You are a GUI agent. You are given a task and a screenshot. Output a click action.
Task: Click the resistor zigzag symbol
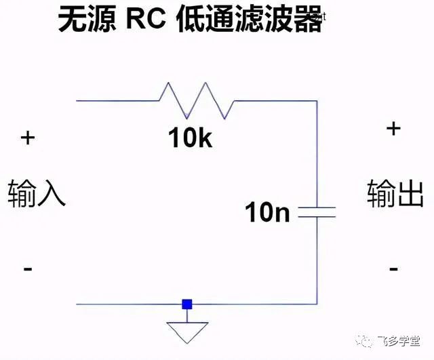[197, 101]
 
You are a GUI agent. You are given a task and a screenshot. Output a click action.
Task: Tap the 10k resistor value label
[190, 138]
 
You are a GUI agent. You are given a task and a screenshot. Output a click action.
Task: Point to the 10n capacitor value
[267, 213]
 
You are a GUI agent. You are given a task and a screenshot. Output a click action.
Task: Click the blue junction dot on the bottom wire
[187, 304]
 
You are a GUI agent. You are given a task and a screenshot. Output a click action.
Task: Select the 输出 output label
[395, 193]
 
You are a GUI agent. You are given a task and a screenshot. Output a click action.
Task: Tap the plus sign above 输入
[27, 138]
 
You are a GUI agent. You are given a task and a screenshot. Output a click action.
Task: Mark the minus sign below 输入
[27, 269]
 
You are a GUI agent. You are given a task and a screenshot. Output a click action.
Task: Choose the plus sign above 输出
[393, 127]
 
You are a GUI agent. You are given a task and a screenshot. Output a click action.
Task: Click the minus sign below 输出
[393, 269]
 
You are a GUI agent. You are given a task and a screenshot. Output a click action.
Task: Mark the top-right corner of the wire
[317, 101]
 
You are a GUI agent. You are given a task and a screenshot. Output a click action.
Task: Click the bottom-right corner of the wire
[317, 304]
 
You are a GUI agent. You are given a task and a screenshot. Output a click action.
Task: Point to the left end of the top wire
[77, 101]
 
